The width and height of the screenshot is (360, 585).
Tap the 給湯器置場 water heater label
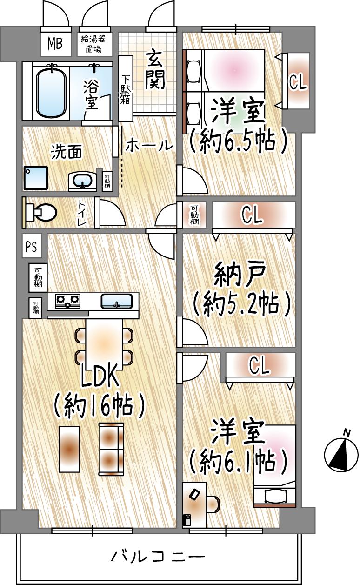[x=95, y=44]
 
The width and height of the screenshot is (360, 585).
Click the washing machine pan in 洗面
[x=36, y=177]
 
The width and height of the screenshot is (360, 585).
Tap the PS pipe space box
[x=32, y=247]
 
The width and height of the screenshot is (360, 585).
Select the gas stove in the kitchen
[x=67, y=301]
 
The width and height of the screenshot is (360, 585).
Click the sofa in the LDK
[x=112, y=449]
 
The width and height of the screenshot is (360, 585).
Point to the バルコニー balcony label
[x=158, y=556]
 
